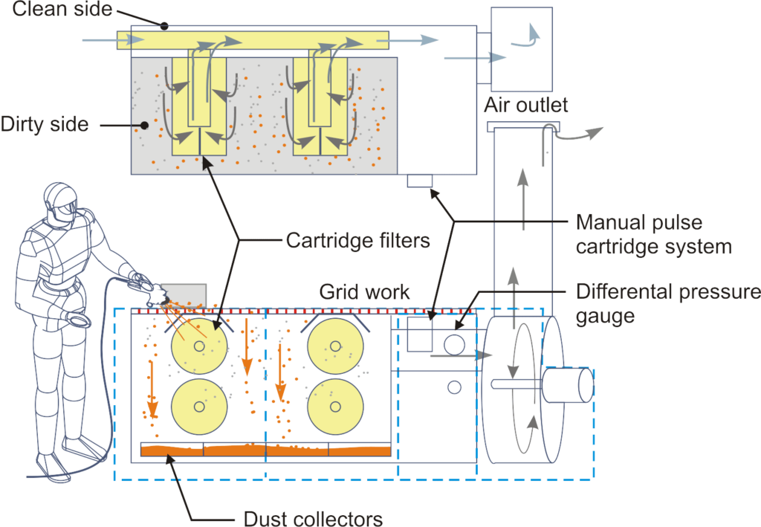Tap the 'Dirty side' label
[45, 124]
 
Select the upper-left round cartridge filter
[198, 346]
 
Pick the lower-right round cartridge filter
[335, 407]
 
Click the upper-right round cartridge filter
[335, 346]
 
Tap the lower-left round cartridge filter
[198, 407]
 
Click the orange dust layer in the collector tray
[265, 450]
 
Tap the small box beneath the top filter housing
[420, 181]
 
